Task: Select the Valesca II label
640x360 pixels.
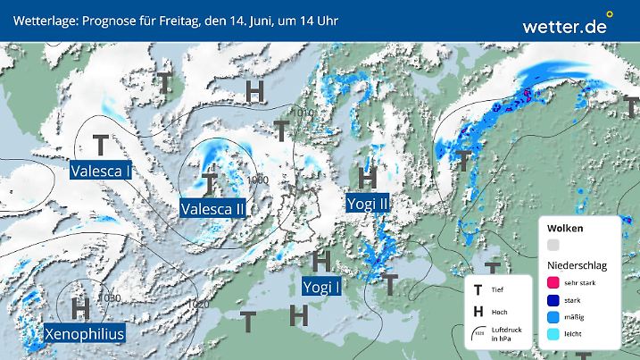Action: point(212,209)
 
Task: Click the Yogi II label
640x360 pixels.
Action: point(368,203)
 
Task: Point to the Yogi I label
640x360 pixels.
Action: point(321,286)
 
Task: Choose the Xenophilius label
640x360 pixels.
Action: point(85,334)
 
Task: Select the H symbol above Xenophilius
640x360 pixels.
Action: point(80,309)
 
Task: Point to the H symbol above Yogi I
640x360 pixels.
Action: point(322,261)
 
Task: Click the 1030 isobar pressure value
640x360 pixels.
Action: point(110,298)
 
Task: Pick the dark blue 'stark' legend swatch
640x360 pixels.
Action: point(553,300)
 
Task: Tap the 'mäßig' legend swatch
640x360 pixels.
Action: point(553,318)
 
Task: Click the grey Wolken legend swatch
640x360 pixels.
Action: point(553,245)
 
